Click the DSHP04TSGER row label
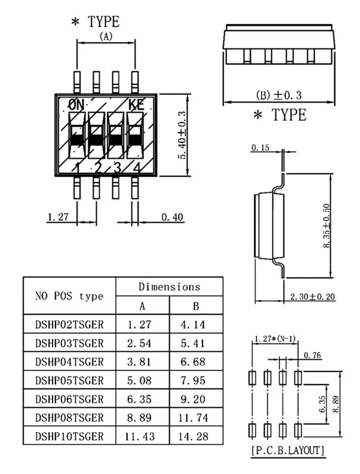[x=69, y=362]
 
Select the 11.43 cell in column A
[x=140, y=436]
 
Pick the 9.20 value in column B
[x=193, y=399]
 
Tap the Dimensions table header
[x=169, y=287]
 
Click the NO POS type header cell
[x=69, y=296]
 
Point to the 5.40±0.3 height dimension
[x=183, y=135]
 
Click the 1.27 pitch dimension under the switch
[x=58, y=217]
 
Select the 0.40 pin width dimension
[x=172, y=217]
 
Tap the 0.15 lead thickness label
[x=260, y=148]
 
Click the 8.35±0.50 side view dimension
[x=327, y=226]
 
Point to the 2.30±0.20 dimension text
[x=312, y=297]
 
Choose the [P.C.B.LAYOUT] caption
[x=288, y=450]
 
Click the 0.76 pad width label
[x=312, y=355]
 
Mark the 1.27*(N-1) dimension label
[x=275, y=339]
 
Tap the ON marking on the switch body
[x=76, y=105]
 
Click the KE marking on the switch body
[x=136, y=105]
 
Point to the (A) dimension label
[x=106, y=36]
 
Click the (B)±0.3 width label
[x=279, y=95]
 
